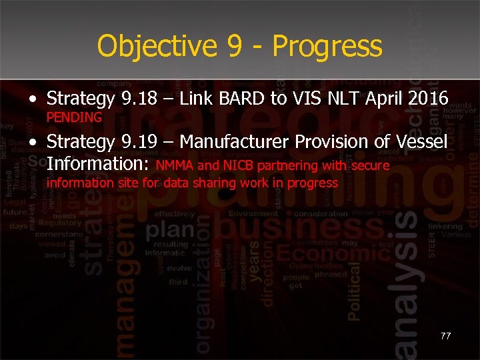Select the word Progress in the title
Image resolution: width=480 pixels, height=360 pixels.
click(x=327, y=47)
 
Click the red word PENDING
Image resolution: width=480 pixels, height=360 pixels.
click(x=74, y=118)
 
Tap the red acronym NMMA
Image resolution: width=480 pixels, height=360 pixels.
click(x=175, y=165)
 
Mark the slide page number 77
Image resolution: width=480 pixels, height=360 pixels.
click(x=445, y=336)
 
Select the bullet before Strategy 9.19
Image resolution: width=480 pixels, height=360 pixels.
click(x=33, y=143)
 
